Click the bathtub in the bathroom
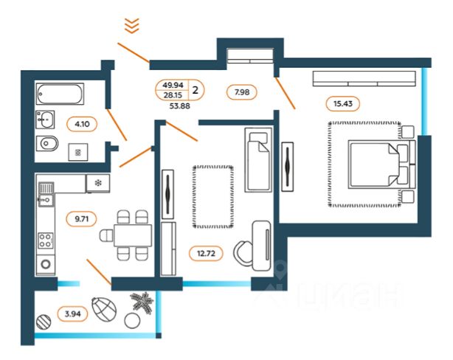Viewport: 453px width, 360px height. pyautogui.click(x=61, y=94)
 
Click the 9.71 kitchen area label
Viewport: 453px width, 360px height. pyautogui.click(x=77, y=218)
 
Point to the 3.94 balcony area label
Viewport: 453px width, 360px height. pyautogui.click(x=72, y=314)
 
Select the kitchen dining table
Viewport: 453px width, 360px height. pyautogui.click(x=132, y=235)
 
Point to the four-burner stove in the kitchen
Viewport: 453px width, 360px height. pyautogui.click(x=46, y=240)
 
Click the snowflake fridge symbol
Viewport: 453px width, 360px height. pyautogui.click(x=97, y=182)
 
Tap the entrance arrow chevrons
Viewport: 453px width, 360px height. pyautogui.click(x=131, y=26)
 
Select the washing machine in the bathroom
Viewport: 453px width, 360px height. pyautogui.click(x=77, y=151)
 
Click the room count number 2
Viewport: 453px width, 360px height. pyautogui.click(x=195, y=91)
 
